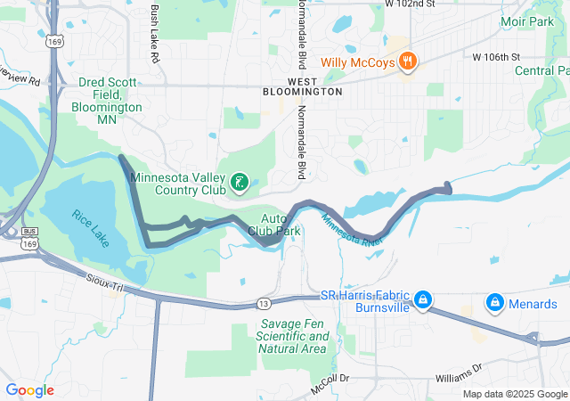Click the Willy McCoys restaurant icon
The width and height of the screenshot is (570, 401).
tap(407, 61)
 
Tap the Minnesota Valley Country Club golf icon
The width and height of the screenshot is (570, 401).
tap(239, 184)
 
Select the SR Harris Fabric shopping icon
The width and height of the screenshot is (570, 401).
tap(423, 298)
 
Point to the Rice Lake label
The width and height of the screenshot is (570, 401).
tap(90, 220)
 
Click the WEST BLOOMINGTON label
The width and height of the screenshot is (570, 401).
tap(303, 86)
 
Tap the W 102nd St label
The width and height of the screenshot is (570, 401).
tap(410, 4)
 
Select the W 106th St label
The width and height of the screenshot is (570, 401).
tap(496, 57)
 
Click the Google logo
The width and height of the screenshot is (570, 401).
tap(29, 390)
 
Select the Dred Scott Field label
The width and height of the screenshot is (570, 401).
tap(108, 94)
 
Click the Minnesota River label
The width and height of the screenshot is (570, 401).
tap(353, 230)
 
